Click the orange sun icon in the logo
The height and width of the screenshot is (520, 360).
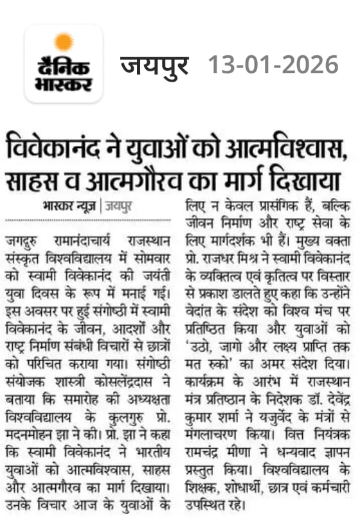63,42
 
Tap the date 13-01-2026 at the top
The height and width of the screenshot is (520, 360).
273,64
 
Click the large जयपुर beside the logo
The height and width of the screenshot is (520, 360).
155,65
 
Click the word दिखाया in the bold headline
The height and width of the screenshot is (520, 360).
303,182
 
